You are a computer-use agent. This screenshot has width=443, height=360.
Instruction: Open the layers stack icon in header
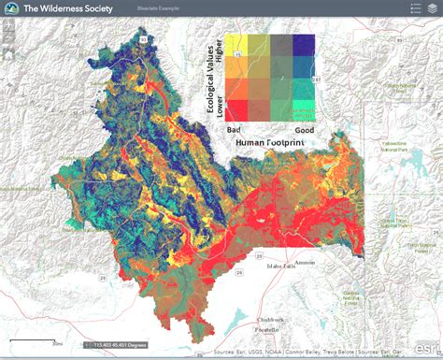pyautogui.click(x=430, y=8)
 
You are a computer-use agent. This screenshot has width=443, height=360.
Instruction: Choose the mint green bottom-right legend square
pyautogui.click(x=303, y=110)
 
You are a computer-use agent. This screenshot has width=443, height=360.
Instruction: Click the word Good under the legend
pyautogui.click(x=304, y=129)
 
